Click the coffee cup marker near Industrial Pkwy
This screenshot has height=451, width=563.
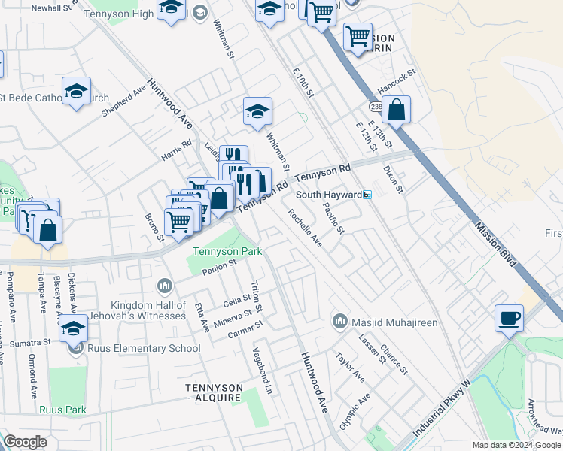[510, 318]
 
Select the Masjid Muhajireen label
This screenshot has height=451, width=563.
[376, 322]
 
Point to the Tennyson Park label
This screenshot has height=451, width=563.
[227, 251]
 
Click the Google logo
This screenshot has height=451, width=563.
[25, 441]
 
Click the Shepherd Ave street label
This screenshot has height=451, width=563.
[123, 100]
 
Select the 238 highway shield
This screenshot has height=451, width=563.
[376, 107]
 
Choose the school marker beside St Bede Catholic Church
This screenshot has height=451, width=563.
[76, 92]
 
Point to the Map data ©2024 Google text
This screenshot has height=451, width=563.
[516, 445]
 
